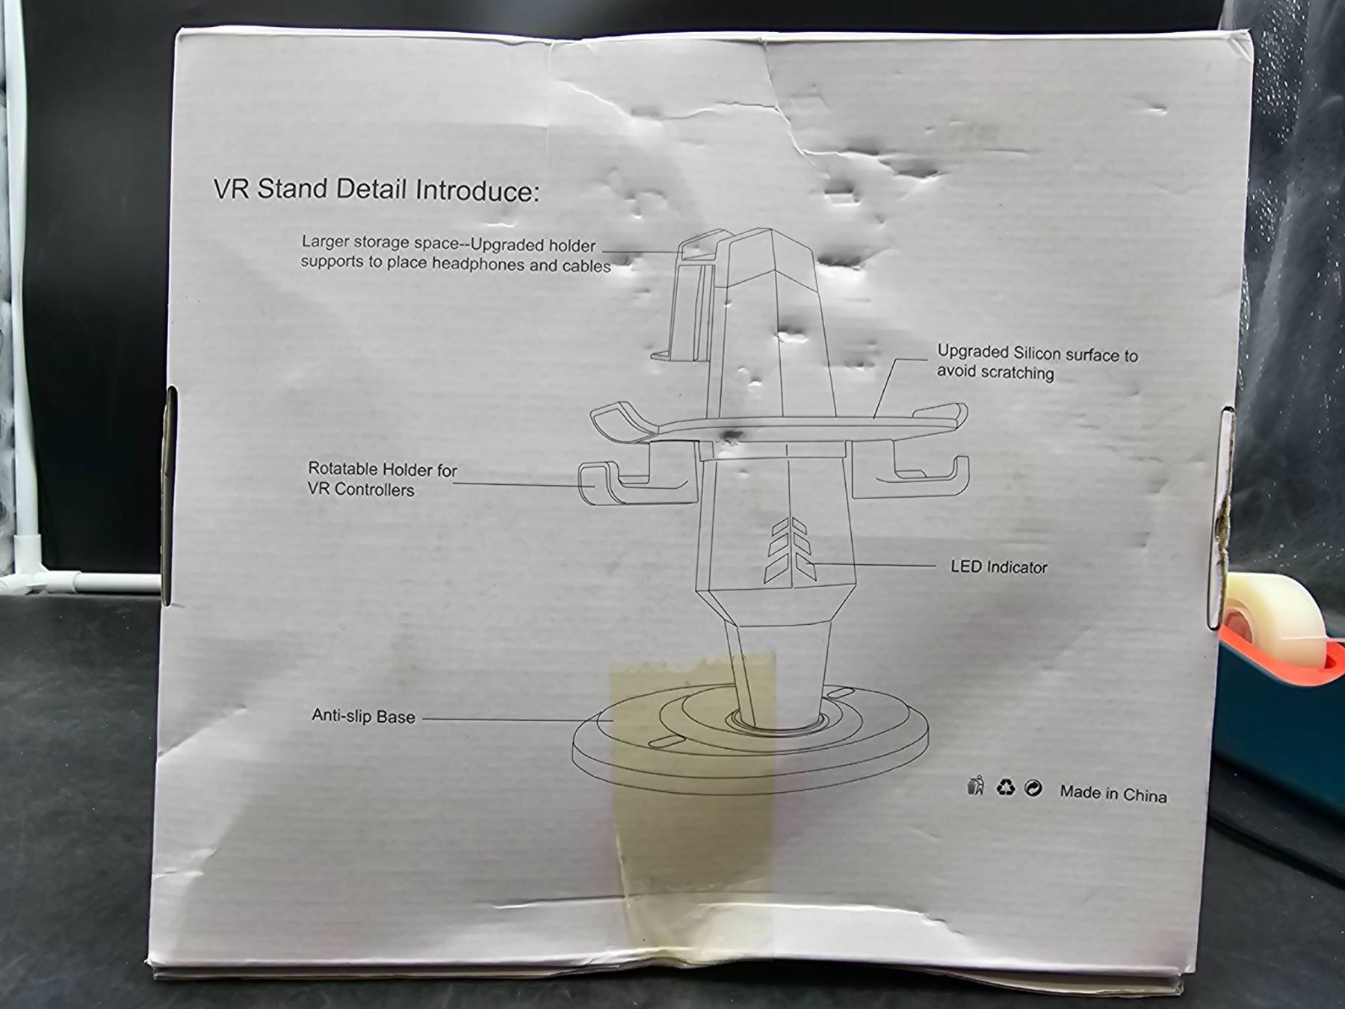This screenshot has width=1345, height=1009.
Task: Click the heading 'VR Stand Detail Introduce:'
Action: (x=376, y=190)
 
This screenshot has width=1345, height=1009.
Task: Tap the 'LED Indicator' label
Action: (x=998, y=567)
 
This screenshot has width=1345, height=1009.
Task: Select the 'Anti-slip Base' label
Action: (x=363, y=716)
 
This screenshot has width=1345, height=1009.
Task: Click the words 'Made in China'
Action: (x=1113, y=794)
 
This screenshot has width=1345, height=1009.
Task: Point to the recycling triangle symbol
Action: (x=1005, y=787)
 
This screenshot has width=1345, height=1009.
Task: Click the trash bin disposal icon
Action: (x=975, y=786)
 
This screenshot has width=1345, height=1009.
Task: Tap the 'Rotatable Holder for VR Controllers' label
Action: (x=382, y=479)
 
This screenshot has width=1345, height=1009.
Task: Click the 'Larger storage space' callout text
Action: (x=456, y=253)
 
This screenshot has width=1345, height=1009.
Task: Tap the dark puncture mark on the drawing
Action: (x=729, y=436)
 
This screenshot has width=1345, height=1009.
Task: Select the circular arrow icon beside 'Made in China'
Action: (x=1033, y=788)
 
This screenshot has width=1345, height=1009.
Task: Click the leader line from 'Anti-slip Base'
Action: (x=517, y=720)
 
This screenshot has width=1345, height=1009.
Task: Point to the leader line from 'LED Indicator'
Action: (x=871, y=565)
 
